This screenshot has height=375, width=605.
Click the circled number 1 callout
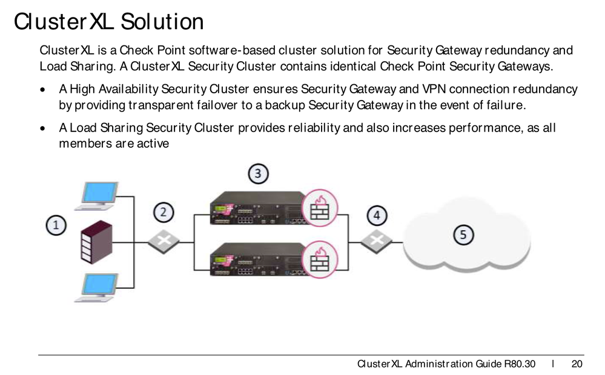tap(56, 225)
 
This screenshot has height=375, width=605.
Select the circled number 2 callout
tap(163, 212)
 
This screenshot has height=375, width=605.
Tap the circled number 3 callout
tap(258, 174)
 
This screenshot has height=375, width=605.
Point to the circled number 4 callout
tap(377, 215)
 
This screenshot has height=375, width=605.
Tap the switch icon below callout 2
tap(163, 241)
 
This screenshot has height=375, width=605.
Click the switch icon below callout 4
tap(377, 241)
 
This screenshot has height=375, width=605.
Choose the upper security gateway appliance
tap(257, 208)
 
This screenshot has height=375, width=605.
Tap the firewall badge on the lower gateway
tap(319, 259)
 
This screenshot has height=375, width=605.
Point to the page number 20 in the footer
tap(577, 363)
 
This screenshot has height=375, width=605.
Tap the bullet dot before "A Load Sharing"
tap(42, 129)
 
